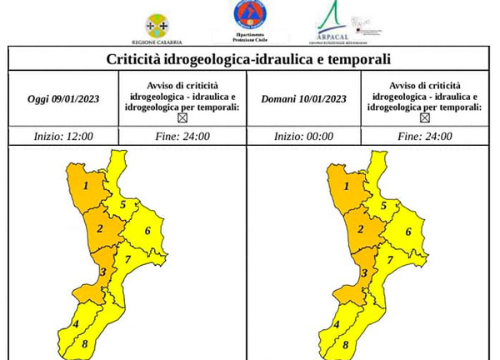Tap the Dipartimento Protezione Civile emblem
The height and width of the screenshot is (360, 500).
click(250, 18)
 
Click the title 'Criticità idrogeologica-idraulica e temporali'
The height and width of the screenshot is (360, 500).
click(249, 59)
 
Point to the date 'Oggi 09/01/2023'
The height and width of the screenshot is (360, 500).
click(63, 99)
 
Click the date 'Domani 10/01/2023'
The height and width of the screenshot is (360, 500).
click(303, 99)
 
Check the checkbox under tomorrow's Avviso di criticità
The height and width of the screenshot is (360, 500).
click(425, 118)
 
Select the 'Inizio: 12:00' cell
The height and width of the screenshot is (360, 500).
click(63, 137)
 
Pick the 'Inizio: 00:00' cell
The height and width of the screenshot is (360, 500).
click(303, 137)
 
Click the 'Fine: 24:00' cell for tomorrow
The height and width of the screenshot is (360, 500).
click(425, 137)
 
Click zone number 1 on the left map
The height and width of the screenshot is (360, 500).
click(86, 186)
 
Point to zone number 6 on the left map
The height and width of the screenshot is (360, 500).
click(147, 230)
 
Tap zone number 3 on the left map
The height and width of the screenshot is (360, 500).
click(102, 272)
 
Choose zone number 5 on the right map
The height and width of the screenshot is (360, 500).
click(383, 204)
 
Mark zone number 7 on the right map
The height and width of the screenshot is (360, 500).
click(390, 260)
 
